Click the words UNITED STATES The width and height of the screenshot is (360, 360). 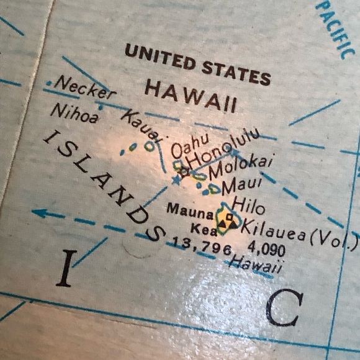click(198, 65)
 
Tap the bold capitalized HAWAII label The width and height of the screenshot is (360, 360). click(191, 96)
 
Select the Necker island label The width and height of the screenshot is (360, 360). click(85, 88)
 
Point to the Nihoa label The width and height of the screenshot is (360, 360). click(74, 113)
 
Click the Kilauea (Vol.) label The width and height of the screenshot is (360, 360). click(298, 233)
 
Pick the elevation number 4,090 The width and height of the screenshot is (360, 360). click(266, 251)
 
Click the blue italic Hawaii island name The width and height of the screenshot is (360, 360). click(256, 265)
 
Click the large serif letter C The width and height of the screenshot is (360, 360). click(284, 309)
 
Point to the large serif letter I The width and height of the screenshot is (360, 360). click(66, 268)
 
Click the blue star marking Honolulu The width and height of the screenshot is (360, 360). click(176, 181)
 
